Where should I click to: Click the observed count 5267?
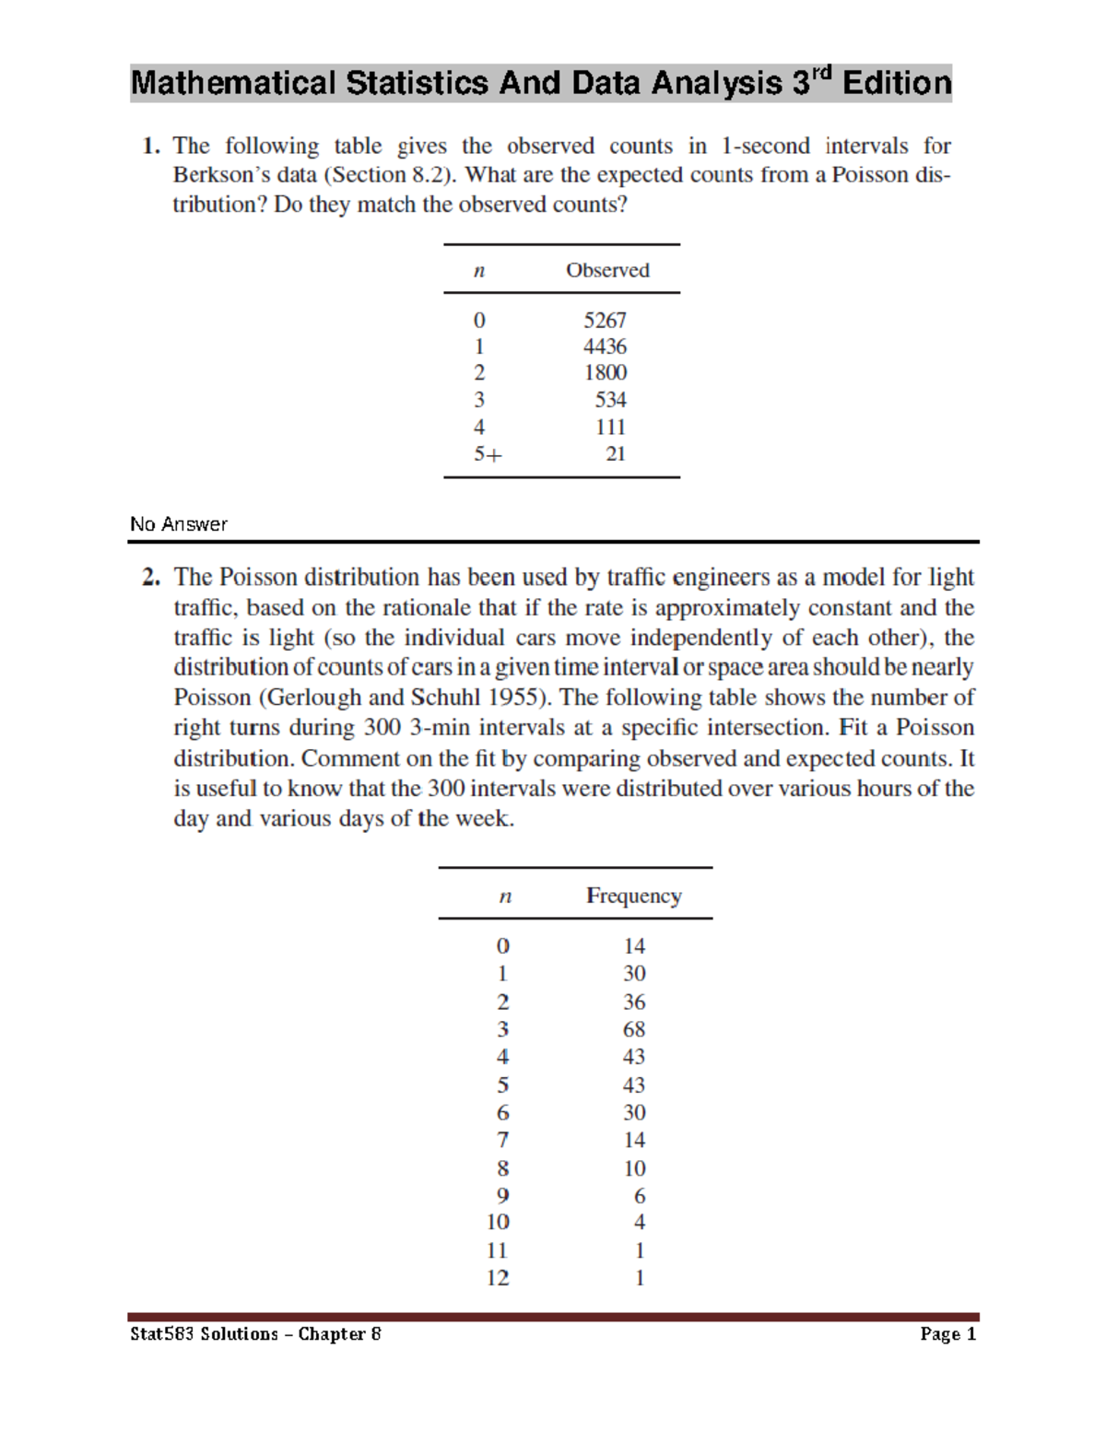click(x=605, y=320)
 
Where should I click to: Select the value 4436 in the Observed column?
click(x=605, y=346)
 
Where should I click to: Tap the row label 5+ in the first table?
click(x=488, y=454)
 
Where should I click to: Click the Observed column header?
click(x=607, y=270)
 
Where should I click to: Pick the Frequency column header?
click(x=634, y=896)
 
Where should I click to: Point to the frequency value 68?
click(x=634, y=1029)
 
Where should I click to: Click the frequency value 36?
click(x=634, y=1002)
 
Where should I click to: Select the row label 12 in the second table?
click(x=498, y=1278)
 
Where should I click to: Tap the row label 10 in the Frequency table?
click(x=498, y=1222)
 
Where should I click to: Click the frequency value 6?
click(x=640, y=1196)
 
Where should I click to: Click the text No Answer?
click(x=179, y=524)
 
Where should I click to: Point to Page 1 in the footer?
click(x=947, y=1334)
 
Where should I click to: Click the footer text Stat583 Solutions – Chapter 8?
click(x=255, y=1334)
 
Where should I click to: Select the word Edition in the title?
click(x=896, y=84)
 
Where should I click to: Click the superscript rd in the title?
click(x=822, y=72)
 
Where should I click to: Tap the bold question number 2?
click(x=151, y=578)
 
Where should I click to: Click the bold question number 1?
click(x=151, y=147)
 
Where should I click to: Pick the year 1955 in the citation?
click(x=518, y=698)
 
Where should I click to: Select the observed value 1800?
click(x=605, y=372)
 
